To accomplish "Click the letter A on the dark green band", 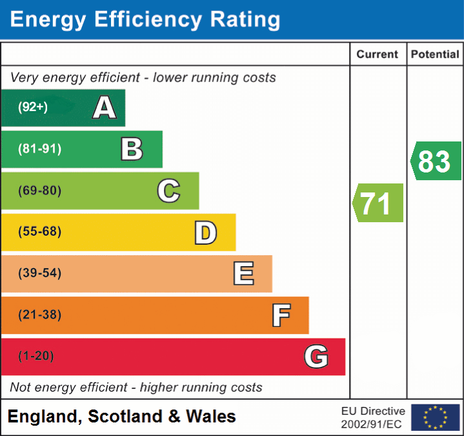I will [105, 108].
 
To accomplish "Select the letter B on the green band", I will [132, 149].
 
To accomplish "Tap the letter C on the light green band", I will [168, 191].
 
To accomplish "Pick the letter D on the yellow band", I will [205, 233].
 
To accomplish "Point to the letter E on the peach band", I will [243, 274].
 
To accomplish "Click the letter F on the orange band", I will [280, 315].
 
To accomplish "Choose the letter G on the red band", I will [316, 357].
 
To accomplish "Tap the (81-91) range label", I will [39, 149].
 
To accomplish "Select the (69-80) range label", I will [39, 191].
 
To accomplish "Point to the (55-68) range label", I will [39, 232].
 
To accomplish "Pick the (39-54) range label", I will [39, 273].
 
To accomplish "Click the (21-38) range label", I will [39, 315].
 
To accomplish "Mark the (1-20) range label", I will [36, 357].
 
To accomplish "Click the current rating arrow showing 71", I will [378, 203].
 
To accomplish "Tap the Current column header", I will [378, 55].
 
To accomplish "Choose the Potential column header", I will [435, 55].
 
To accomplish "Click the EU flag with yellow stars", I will [435, 417].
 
